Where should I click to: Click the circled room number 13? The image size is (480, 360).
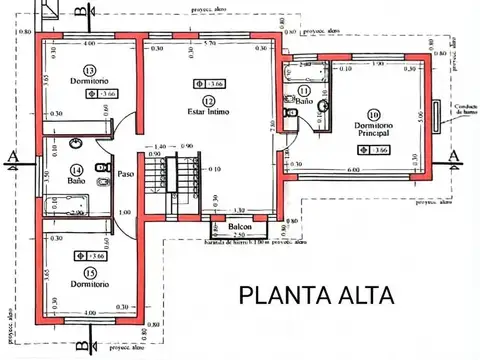(x=90, y=70)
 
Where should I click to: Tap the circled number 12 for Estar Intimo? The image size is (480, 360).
(x=208, y=101)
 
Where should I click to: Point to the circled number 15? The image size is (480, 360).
(x=90, y=272)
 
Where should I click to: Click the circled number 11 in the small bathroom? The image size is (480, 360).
(x=304, y=91)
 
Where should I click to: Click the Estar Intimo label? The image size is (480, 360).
(x=208, y=112)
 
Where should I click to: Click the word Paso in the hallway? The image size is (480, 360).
(x=125, y=174)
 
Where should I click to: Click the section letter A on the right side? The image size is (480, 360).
(x=455, y=155)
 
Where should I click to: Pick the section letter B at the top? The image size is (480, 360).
(x=80, y=9)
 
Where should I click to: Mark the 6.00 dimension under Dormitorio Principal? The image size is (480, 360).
(x=355, y=170)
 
